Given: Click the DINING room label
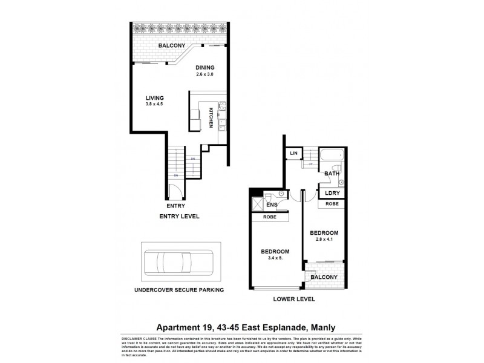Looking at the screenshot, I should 204,68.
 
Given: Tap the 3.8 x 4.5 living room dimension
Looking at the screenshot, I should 155,104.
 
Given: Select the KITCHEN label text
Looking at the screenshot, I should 211,117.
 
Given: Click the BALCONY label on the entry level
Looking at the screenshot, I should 171,46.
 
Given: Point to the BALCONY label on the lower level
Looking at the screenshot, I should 325,277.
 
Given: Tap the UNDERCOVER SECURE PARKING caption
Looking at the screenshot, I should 180,290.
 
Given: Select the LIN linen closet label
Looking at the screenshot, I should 294,154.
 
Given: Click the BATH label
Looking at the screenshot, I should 332,174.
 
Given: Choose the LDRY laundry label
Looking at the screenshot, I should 332,193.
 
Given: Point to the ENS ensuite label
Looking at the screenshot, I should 272,205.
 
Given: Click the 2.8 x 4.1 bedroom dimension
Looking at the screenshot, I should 324,240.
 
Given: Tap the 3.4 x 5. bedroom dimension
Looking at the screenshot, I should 275,258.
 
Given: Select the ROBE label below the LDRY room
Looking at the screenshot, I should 332,204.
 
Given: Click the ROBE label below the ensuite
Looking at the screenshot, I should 270,216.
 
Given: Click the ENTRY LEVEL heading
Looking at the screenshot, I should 179,216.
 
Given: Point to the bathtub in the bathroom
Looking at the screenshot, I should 331,156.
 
